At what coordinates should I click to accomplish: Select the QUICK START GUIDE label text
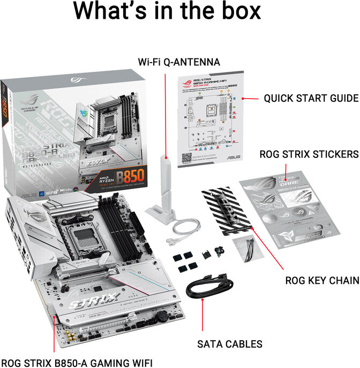(x=311, y=98)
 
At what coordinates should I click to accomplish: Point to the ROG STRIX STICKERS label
(x=309, y=154)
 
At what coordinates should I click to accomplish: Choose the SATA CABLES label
(x=230, y=344)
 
